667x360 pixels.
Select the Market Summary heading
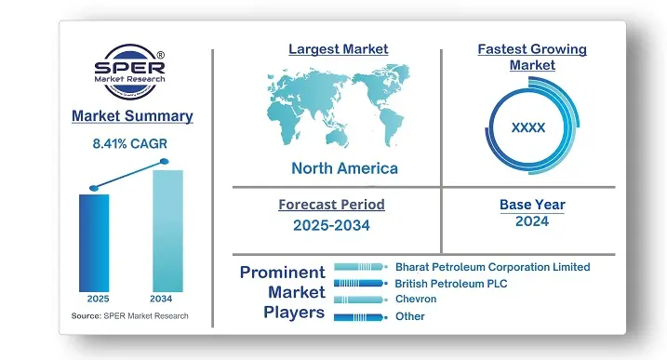click(131, 116)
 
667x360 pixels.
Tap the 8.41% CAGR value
click(131, 144)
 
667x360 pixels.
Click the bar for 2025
click(94, 242)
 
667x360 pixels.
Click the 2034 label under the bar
click(167, 300)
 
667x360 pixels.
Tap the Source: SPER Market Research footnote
click(129, 316)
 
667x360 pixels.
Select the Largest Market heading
click(338, 48)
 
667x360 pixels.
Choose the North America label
click(344, 168)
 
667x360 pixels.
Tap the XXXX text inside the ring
click(528, 127)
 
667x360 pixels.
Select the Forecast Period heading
click(331, 204)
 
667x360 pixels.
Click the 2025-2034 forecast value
click(331, 224)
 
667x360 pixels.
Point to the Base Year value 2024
click(531, 221)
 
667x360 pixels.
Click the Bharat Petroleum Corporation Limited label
click(492, 267)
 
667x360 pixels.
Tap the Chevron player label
click(416, 300)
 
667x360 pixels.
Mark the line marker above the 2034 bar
click(166, 162)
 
